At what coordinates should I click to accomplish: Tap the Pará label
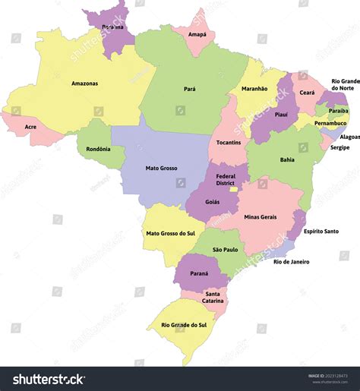click(189, 89)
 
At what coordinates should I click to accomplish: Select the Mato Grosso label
click(160, 168)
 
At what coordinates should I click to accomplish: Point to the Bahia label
click(287, 159)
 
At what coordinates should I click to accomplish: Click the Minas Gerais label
click(260, 217)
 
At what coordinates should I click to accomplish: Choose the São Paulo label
click(226, 249)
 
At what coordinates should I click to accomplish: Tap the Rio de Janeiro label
click(291, 262)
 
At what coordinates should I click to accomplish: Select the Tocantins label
click(228, 142)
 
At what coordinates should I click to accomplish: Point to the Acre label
click(30, 127)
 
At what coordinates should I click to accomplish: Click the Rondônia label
click(99, 148)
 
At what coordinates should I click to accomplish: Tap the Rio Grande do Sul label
click(184, 325)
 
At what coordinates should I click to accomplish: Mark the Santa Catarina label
click(213, 298)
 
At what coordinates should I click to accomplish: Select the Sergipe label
click(339, 147)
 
